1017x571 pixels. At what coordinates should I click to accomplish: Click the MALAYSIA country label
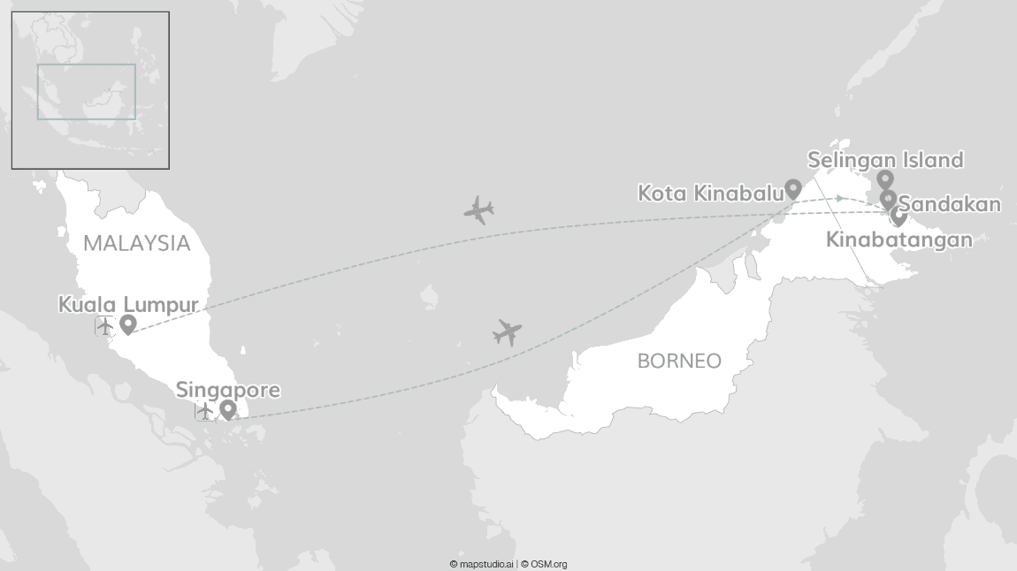(x=137, y=243)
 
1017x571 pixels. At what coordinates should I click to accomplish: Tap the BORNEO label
(x=679, y=361)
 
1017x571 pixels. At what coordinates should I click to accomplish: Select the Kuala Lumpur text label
(x=128, y=305)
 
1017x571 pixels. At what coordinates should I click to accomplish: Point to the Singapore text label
(x=228, y=390)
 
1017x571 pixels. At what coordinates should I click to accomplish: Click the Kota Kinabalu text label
(x=710, y=193)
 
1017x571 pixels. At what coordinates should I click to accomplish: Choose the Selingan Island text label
(x=885, y=160)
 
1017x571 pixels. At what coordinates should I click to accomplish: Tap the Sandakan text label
(x=951, y=205)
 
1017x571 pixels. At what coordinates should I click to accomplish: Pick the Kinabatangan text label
(x=898, y=240)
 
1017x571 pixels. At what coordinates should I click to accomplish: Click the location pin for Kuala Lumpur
(x=127, y=324)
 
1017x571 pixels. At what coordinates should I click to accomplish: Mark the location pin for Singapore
(x=227, y=409)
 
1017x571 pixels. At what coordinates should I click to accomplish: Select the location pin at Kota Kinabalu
(x=793, y=188)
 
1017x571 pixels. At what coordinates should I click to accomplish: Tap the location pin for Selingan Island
(x=884, y=179)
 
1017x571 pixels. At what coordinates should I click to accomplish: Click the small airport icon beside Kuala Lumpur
(x=105, y=326)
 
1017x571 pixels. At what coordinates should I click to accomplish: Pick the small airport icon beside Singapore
(x=205, y=411)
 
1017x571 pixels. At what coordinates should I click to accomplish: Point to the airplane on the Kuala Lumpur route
(x=478, y=210)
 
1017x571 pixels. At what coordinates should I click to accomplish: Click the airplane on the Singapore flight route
(x=507, y=332)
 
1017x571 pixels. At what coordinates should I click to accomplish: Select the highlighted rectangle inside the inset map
(x=86, y=91)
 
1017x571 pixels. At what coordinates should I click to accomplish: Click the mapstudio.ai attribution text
(x=481, y=564)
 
